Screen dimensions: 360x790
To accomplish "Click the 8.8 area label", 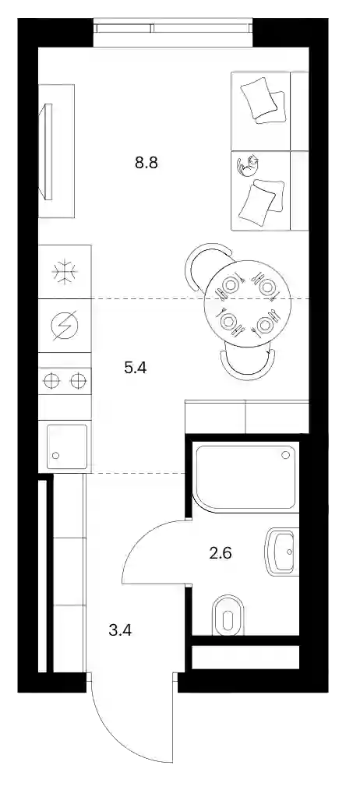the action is [x=146, y=163].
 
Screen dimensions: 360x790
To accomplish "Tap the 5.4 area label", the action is [x=135, y=369].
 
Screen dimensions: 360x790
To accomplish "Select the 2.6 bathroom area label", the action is [x=220, y=554].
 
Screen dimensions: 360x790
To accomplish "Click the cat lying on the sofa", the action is [x=248, y=166].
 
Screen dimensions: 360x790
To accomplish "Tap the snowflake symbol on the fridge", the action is [x=65, y=272].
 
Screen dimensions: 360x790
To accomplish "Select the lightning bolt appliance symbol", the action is [x=65, y=326].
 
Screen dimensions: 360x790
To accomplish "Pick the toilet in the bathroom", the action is [x=228, y=615].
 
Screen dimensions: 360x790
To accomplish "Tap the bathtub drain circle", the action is [x=285, y=455].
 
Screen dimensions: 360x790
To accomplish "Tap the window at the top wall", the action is [x=173, y=33].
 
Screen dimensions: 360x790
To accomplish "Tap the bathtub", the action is [x=245, y=477].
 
